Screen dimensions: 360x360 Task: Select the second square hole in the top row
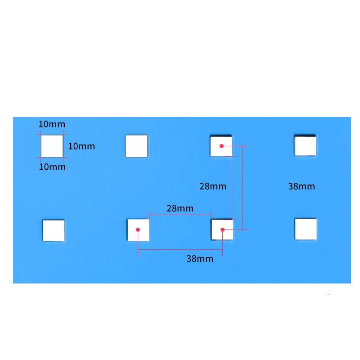(136, 146)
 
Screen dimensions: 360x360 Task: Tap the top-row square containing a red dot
(221, 146)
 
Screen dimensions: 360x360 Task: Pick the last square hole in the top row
(305, 146)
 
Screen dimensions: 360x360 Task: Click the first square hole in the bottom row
(54, 230)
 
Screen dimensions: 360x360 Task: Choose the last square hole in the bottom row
(306, 229)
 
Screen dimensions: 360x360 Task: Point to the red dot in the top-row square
(222, 146)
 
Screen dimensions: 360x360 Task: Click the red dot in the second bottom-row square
(138, 229)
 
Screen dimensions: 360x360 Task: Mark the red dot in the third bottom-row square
(222, 229)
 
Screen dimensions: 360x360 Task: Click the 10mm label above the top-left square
(52, 124)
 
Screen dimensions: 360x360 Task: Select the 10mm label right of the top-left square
(81, 146)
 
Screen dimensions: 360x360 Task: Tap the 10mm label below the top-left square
(52, 167)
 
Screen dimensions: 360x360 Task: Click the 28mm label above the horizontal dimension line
(180, 208)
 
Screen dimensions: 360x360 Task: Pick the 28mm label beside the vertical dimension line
(213, 186)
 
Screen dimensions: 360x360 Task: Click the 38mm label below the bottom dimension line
(200, 259)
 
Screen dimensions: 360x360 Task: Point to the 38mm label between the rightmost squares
(301, 186)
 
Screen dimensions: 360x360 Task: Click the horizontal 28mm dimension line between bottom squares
(180, 215)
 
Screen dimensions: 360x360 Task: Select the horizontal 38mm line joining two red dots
(180, 250)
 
